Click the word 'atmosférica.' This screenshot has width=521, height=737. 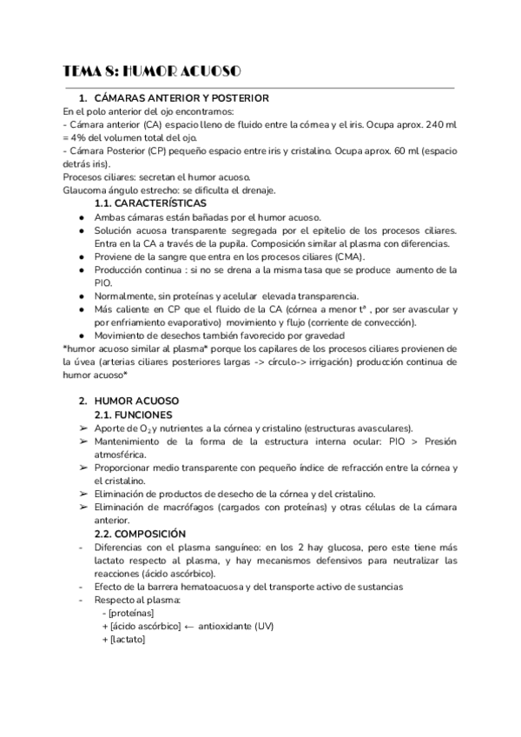pyautogui.click(x=121, y=454)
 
